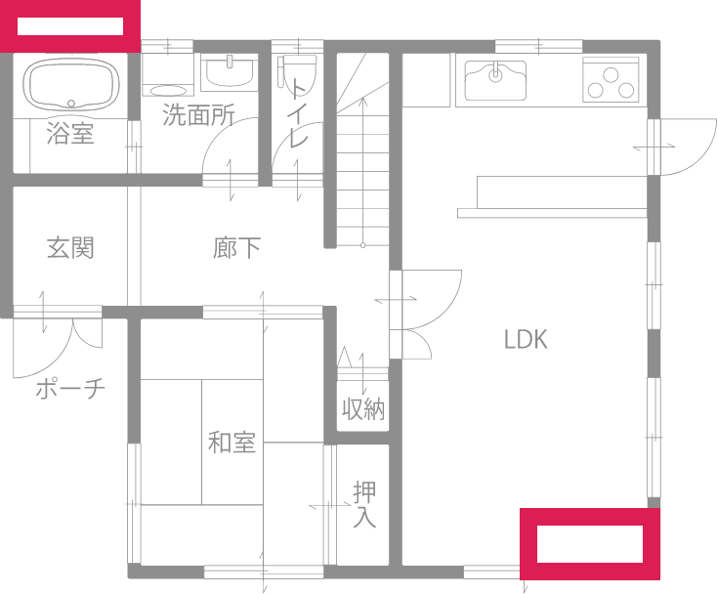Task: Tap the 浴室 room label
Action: [70, 134]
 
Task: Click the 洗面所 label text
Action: [198, 114]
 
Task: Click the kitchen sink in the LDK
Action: [495, 80]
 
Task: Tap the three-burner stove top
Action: [611, 79]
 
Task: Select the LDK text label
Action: [526, 339]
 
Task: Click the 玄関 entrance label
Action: [70, 248]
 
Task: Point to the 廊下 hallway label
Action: [236, 248]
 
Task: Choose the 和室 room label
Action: [232, 443]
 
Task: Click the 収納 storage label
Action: [363, 409]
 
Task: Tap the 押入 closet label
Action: [364, 505]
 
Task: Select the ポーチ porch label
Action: [70, 389]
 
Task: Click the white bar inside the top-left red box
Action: [70, 26]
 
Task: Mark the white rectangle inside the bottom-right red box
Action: [590, 544]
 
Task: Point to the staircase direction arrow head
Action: [363, 101]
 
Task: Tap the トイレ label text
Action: [298, 113]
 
